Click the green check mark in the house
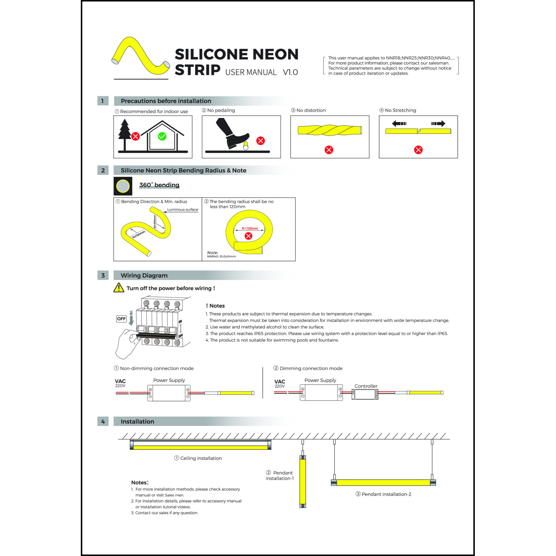click(x=162, y=136)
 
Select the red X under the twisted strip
click(x=329, y=150)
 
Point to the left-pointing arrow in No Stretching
click(x=399, y=123)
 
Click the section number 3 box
click(x=103, y=275)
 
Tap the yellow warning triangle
click(x=119, y=288)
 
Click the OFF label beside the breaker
click(x=122, y=319)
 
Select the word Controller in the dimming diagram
click(x=366, y=386)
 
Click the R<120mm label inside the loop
click(x=250, y=228)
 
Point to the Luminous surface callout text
click(x=182, y=209)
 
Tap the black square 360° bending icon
click(x=123, y=186)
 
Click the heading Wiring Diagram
click(x=144, y=275)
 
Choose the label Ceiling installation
click(x=201, y=458)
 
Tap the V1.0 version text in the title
click(x=290, y=72)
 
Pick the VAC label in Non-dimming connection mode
click(x=120, y=381)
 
